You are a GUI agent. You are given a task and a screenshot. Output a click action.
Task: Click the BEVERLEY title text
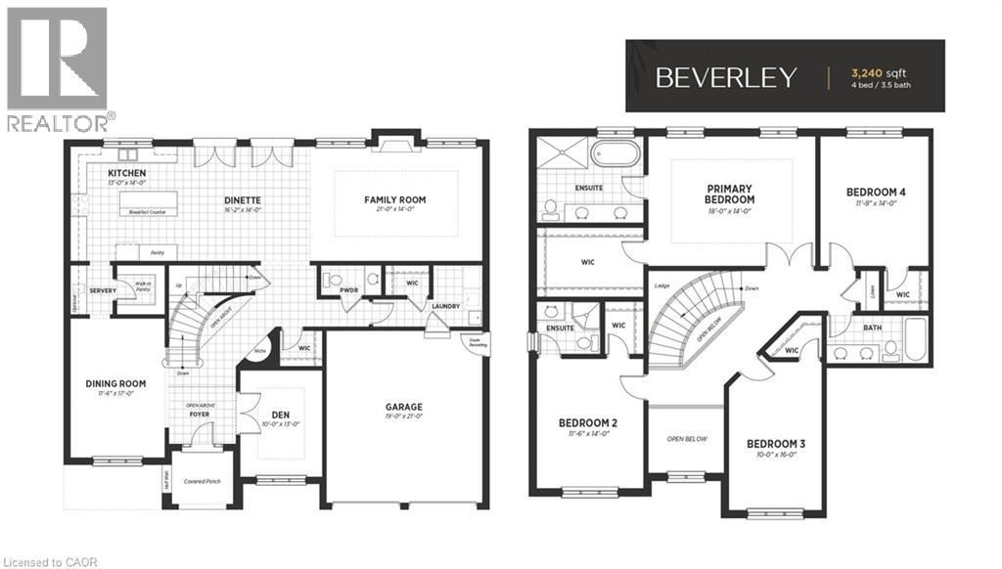[726, 78]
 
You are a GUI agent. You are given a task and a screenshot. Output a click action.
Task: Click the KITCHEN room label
[127, 174]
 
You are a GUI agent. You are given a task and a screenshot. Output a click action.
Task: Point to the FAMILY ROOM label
[395, 200]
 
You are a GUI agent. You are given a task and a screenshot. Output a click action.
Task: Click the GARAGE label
[403, 407]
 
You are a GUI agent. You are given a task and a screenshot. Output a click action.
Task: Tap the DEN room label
[280, 415]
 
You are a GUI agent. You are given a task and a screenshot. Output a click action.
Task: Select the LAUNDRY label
[445, 306]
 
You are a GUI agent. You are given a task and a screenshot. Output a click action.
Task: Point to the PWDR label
[348, 290]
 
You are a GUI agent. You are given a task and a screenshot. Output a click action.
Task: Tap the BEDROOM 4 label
[875, 193]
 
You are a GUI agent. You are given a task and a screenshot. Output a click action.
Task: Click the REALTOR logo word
[59, 122]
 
